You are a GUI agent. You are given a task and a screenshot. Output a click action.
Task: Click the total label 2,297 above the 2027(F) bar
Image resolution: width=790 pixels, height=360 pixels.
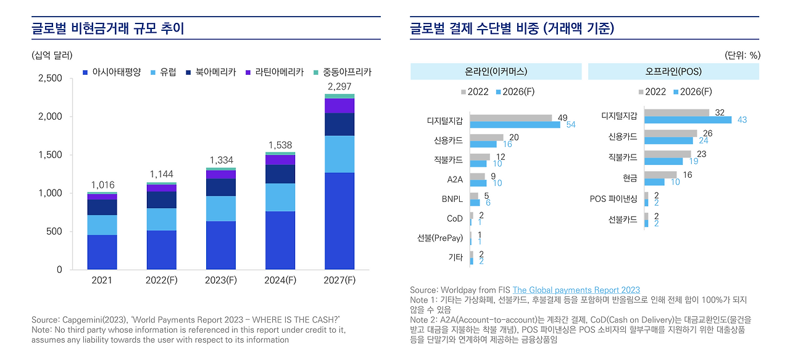coord(339,86)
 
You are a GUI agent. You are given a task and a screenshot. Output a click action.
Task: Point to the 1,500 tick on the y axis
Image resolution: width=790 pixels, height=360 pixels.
coord(50,155)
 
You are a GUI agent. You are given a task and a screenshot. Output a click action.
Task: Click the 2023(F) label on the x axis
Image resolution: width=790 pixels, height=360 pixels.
coord(221,280)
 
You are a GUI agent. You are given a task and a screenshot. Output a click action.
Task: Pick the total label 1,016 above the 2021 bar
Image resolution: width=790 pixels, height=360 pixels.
coord(102,185)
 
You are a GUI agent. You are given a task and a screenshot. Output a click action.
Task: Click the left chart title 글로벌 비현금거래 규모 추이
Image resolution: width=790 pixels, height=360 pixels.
coord(108,28)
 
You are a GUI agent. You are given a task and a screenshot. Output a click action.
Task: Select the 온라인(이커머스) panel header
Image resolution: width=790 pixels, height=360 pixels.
coord(496,72)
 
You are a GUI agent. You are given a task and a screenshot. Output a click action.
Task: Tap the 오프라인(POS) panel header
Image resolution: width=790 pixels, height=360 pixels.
coord(673,72)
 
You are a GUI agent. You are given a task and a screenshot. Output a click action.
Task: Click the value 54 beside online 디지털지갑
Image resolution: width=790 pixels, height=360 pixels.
coord(570,125)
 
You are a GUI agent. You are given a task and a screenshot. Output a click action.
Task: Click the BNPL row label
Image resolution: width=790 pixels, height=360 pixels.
coord(452,199)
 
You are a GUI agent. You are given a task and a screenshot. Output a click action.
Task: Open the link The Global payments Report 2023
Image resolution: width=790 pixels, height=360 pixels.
coord(576,290)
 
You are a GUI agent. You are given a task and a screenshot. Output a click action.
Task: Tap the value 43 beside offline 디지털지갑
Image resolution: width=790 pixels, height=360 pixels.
coord(742,120)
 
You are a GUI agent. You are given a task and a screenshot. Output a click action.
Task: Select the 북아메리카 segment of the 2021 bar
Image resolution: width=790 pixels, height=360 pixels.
coord(102,207)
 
